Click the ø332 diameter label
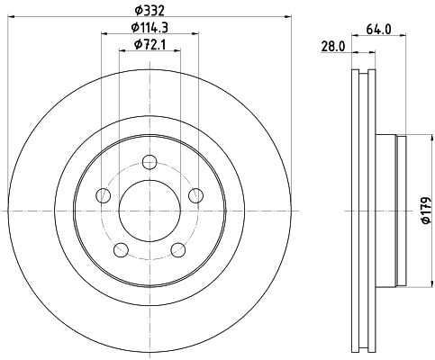click(x=150, y=11)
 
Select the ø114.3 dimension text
click(x=150, y=28)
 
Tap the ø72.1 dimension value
click(x=150, y=45)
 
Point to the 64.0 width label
click(x=378, y=30)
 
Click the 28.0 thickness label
click(x=333, y=47)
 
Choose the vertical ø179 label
click(x=426, y=211)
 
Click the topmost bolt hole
click(x=150, y=162)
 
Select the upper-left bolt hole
click(x=103, y=195)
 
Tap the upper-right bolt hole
click(x=195, y=195)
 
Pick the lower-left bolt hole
click(x=122, y=249)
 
